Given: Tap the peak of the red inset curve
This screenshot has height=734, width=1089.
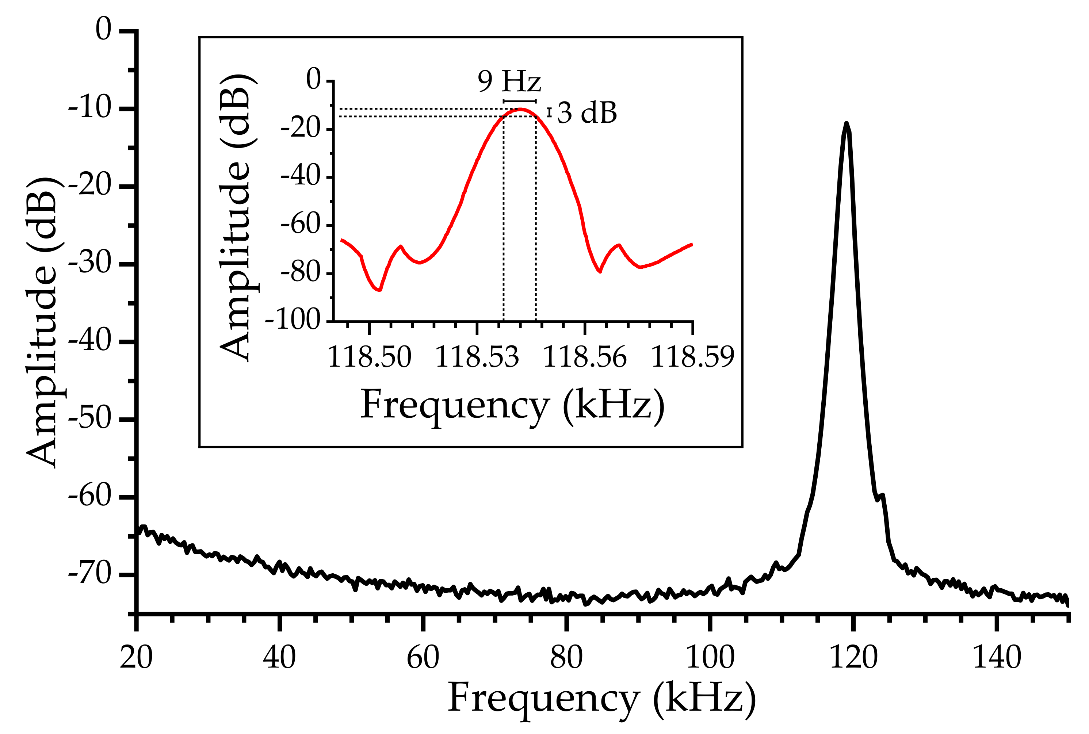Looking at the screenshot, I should pos(520,110).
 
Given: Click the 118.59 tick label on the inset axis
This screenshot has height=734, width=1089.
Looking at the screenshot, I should pos(692,357).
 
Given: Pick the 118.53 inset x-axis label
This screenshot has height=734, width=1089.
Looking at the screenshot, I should pos(477,357).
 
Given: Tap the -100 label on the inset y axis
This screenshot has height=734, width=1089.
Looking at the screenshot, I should pos(299,321).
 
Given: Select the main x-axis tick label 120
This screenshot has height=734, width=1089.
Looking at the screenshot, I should pos(853,657).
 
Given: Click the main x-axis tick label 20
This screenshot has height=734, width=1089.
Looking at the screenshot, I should pos(136,657).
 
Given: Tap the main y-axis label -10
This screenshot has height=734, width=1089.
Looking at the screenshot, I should pos(90,108).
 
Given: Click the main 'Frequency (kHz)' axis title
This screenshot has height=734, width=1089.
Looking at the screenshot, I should pos(601,699).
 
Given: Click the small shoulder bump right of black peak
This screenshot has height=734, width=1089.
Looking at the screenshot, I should pos(882,495).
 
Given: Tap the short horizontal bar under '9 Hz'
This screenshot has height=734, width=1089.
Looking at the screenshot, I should pos(520,101).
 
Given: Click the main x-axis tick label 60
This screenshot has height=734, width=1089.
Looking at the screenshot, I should pos(423,657).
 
